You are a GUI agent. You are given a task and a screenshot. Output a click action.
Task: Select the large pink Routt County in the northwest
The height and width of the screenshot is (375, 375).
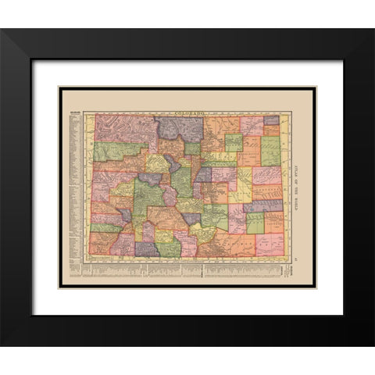pos(125,129)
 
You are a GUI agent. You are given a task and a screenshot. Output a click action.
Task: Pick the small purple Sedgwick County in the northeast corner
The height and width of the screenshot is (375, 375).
pos(272,120)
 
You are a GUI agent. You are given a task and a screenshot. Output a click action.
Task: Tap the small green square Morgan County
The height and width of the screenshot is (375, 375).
pos(234,142)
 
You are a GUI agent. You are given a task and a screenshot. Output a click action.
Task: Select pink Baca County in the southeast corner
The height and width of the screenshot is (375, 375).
pos(270,244)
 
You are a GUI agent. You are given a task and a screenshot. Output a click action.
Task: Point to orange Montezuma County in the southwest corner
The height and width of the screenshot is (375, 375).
pos(102,245)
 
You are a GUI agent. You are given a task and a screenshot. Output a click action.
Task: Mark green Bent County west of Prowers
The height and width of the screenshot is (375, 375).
pos(254,223)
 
